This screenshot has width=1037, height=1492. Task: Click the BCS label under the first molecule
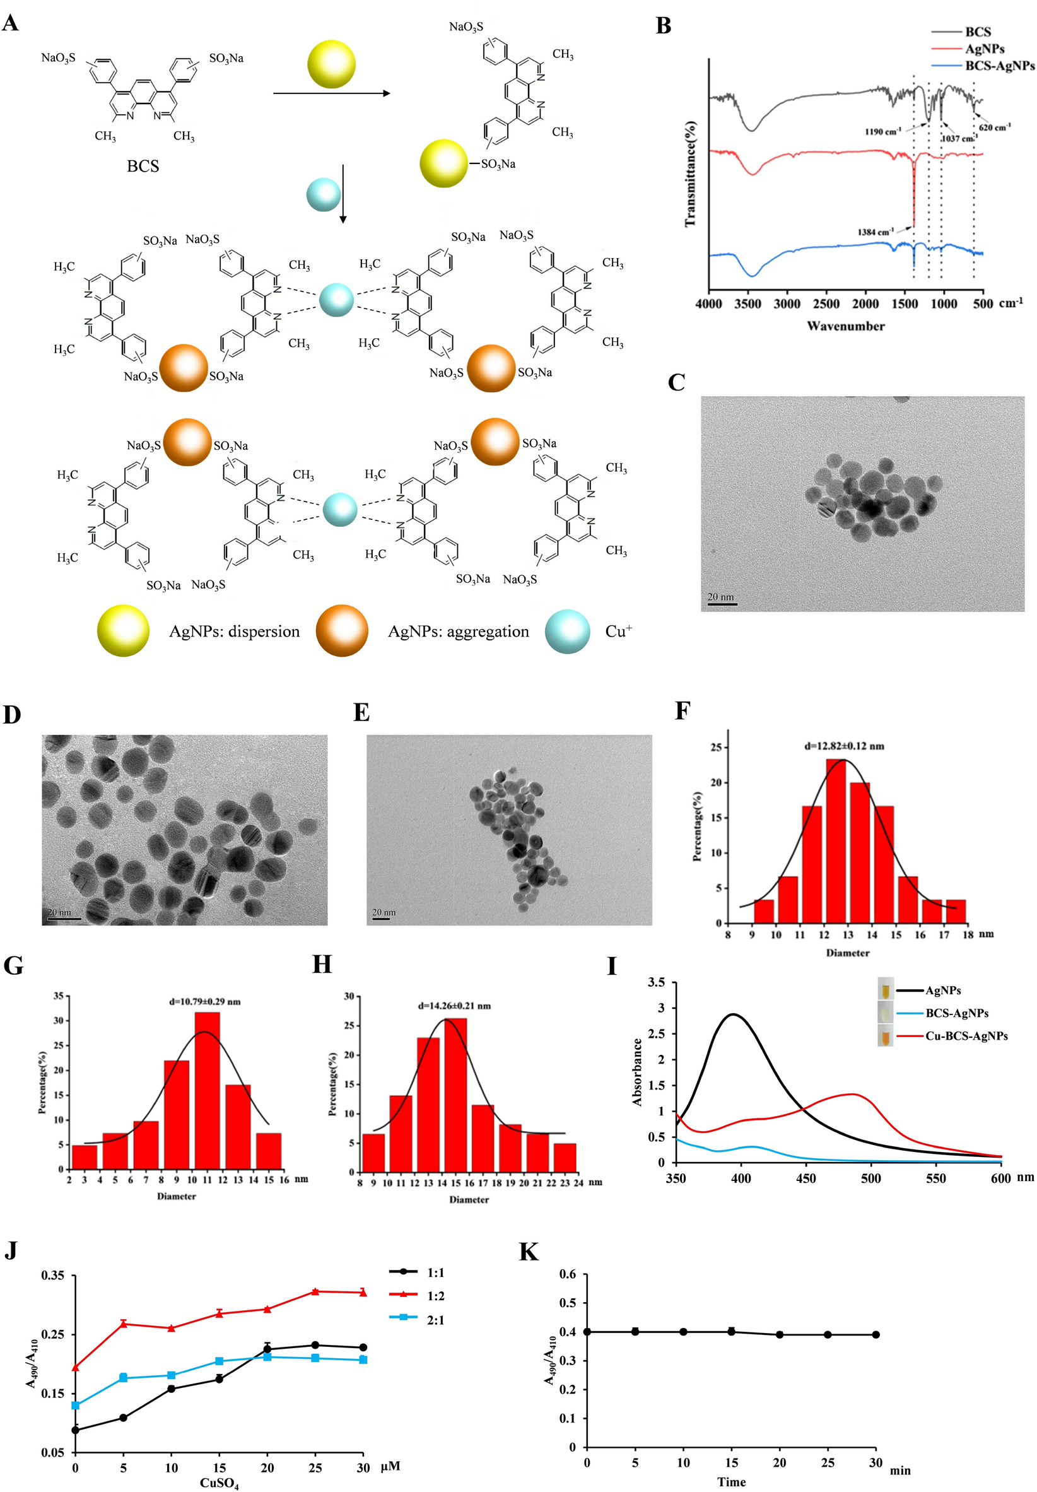tap(143, 167)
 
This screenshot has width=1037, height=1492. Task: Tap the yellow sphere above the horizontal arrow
tap(331, 64)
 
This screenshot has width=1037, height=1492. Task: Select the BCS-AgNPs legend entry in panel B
tap(999, 66)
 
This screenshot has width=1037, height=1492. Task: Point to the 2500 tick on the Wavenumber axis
tap(826, 304)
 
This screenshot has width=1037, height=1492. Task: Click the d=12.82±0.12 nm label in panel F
tap(844, 746)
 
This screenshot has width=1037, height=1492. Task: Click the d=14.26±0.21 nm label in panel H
tap(454, 1006)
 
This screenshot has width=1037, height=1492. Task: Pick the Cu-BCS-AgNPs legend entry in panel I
tap(966, 1037)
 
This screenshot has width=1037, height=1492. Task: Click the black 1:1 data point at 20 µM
tap(267, 1349)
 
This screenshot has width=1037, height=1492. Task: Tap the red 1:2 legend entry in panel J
tap(435, 1296)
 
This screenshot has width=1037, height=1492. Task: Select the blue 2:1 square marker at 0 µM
tap(75, 1406)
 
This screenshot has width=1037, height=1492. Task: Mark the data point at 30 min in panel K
tap(876, 1335)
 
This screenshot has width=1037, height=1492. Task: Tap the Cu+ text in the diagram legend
tap(618, 631)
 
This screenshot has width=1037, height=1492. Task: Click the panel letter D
tap(12, 715)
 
